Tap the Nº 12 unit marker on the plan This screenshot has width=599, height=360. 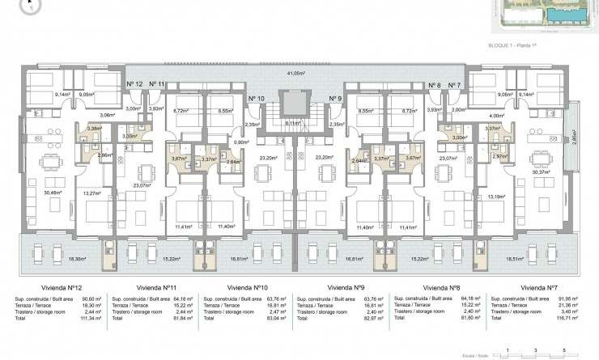click(134, 84)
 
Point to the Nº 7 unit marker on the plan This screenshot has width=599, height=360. click(453, 84)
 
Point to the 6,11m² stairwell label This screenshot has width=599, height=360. click(294, 123)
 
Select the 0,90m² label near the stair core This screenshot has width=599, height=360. click(240, 142)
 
